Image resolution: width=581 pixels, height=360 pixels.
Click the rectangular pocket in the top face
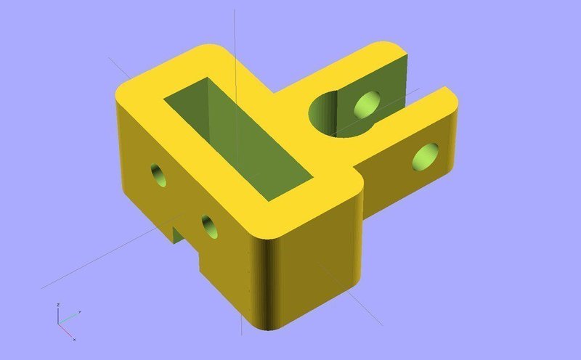pos(240,138)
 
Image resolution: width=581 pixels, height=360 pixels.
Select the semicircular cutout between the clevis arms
pos(336,116)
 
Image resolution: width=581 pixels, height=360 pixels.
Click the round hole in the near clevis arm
pos(426,156)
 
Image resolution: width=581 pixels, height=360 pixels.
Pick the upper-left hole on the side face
pos(158,174)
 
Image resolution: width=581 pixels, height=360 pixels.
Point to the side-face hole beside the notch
pos(210,226)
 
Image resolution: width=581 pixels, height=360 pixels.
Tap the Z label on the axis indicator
pos(59,305)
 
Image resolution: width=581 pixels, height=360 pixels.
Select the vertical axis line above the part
pos(235,29)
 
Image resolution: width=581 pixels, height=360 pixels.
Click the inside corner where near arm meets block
pos(361,173)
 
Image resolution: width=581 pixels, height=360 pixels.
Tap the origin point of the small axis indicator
pos(60,322)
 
